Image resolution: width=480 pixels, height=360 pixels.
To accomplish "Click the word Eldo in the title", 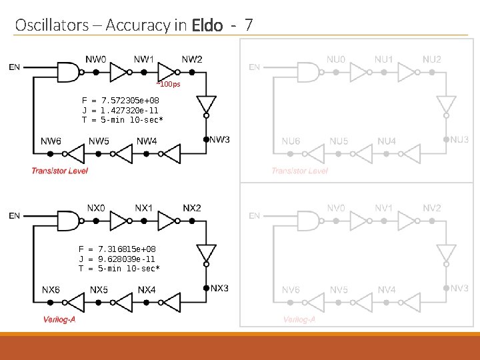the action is coord(207,25).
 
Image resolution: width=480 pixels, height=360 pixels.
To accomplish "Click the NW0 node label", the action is coord(96,59).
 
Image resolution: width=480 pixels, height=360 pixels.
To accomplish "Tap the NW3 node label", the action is coord(220,139).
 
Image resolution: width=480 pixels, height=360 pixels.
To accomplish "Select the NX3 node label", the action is coord(220,288).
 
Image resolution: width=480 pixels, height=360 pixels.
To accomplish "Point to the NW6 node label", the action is coord(51,141).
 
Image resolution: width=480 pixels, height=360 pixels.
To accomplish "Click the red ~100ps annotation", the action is coord(168,85).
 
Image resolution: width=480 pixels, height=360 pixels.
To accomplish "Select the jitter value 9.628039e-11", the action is coord(127,259).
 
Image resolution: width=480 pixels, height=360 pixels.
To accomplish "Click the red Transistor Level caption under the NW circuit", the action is coord(59,171).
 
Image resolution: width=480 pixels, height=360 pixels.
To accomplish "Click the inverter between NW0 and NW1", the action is coord(119,71).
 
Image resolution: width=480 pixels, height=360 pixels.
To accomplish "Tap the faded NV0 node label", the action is coord(336,208).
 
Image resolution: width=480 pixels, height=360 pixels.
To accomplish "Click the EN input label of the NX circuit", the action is coord(15,215).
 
